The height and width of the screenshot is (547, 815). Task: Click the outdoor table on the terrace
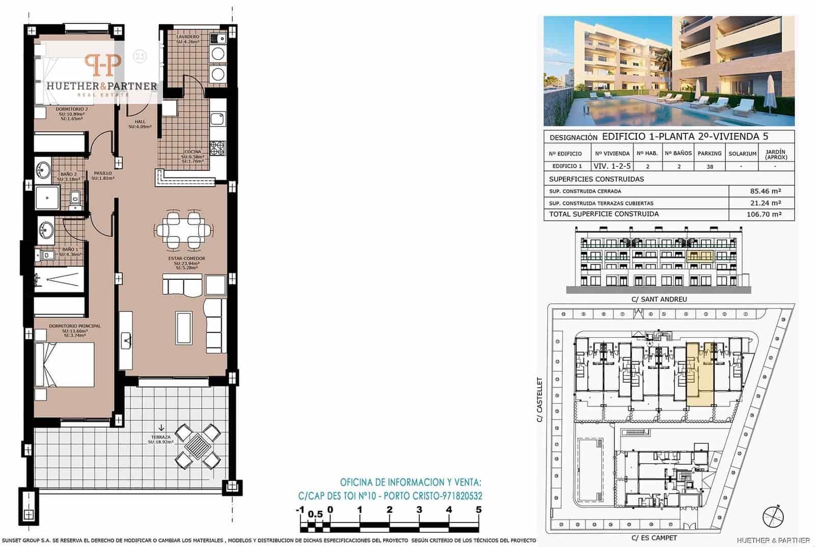point(198,447)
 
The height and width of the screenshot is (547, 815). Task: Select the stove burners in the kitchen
point(218,148)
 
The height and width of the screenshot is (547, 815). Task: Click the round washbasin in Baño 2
point(43,169)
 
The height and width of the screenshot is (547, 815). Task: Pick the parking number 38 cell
point(710,166)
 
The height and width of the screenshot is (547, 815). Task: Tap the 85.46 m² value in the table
point(765,191)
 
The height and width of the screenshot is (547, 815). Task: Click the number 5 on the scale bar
point(478,509)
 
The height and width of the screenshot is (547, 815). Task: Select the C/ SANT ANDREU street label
point(659,299)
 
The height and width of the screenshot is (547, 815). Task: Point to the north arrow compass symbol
point(773,516)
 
